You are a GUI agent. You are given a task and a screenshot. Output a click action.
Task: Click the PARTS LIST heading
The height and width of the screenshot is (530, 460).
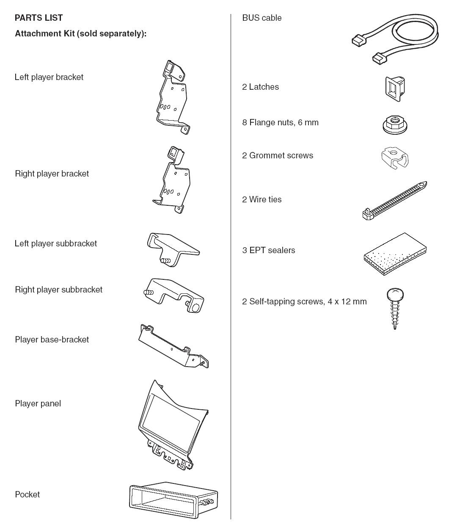(x=39, y=18)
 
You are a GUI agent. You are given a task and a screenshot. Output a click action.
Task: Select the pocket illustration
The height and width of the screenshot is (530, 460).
(x=174, y=500)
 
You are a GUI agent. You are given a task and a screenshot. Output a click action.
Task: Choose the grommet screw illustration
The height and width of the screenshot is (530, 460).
(x=395, y=157)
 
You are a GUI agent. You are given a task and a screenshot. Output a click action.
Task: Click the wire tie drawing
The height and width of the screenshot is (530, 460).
(x=394, y=200)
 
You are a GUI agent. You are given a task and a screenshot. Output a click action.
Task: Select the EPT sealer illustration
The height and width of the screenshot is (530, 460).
(x=395, y=254)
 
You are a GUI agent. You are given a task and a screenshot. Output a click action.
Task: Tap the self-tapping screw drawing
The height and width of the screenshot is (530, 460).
(x=395, y=308)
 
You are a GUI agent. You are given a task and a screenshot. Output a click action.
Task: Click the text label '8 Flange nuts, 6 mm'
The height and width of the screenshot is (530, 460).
(x=280, y=122)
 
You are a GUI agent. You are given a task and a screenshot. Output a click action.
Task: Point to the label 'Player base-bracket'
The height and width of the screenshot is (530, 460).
(x=52, y=340)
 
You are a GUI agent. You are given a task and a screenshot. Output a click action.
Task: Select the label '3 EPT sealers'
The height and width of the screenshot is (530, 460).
(x=268, y=250)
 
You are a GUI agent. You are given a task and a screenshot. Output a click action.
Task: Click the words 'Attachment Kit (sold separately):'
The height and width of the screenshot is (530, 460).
(x=80, y=33)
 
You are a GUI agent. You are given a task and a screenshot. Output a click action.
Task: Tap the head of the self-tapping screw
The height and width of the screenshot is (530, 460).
(x=395, y=293)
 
